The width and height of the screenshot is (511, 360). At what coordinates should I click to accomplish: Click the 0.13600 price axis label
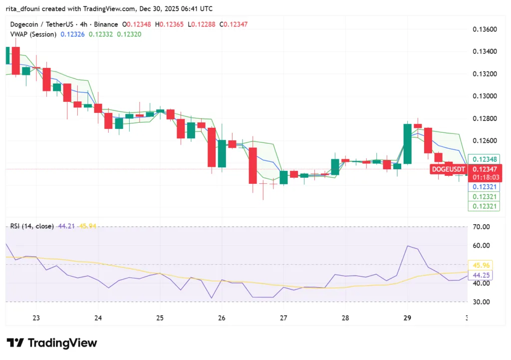tap(485, 29)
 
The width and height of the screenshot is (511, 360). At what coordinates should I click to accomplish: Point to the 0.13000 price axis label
tap(485, 96)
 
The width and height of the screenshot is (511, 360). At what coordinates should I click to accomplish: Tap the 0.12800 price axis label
tap(485, 118)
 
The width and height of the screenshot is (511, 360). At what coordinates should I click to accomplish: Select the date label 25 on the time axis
tap(160, 318)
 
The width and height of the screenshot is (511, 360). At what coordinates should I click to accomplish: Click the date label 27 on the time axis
tap(283, 318)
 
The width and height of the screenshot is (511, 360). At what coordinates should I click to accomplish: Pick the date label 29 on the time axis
tap(407, 318)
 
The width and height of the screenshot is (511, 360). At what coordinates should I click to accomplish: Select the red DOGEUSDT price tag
tap(448, 170)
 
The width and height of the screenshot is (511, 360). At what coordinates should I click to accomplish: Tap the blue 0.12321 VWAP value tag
tap(484, 187)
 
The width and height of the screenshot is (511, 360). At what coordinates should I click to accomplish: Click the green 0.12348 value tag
tap(484, 159)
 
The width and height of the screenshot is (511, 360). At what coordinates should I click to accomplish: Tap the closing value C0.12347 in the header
tap(235, 24)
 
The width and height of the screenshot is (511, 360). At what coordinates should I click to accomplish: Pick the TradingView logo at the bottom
tap(52, 343)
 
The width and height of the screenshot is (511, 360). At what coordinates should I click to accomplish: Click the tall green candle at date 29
tap(407, 144)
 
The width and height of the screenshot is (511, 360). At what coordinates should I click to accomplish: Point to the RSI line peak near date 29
tap(408, 246)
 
